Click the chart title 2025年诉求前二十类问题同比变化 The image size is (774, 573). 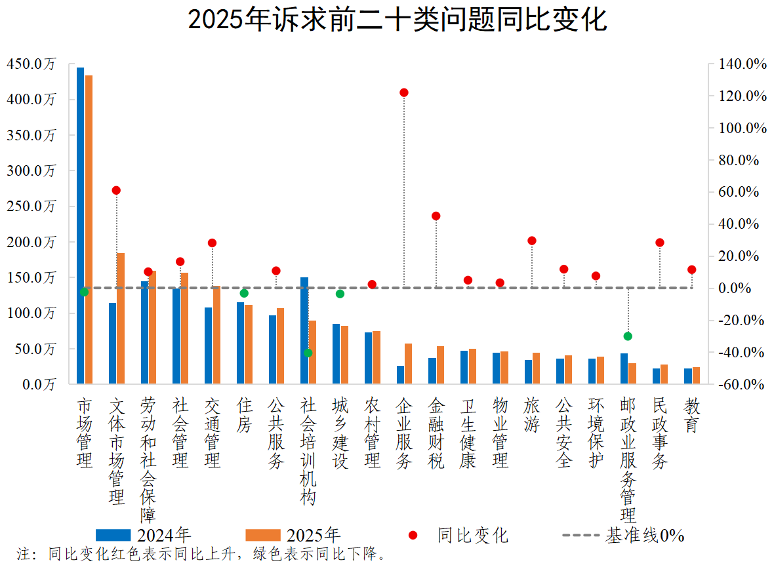[397, 20]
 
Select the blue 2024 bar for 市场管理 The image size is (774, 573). [80, 225]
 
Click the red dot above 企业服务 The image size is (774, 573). [404, 92]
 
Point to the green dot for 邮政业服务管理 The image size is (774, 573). [628, 336]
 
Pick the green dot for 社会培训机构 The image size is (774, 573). [308, 353]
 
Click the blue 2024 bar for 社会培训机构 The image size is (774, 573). [304, 330]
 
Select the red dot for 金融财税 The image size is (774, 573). [436, 216]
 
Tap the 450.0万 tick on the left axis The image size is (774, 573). [31, 64]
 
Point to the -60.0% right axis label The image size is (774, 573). [743, 384]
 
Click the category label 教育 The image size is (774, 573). [691, 416]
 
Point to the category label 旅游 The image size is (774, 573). [532, 416]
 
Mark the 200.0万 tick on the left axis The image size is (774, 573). [31, 242]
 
